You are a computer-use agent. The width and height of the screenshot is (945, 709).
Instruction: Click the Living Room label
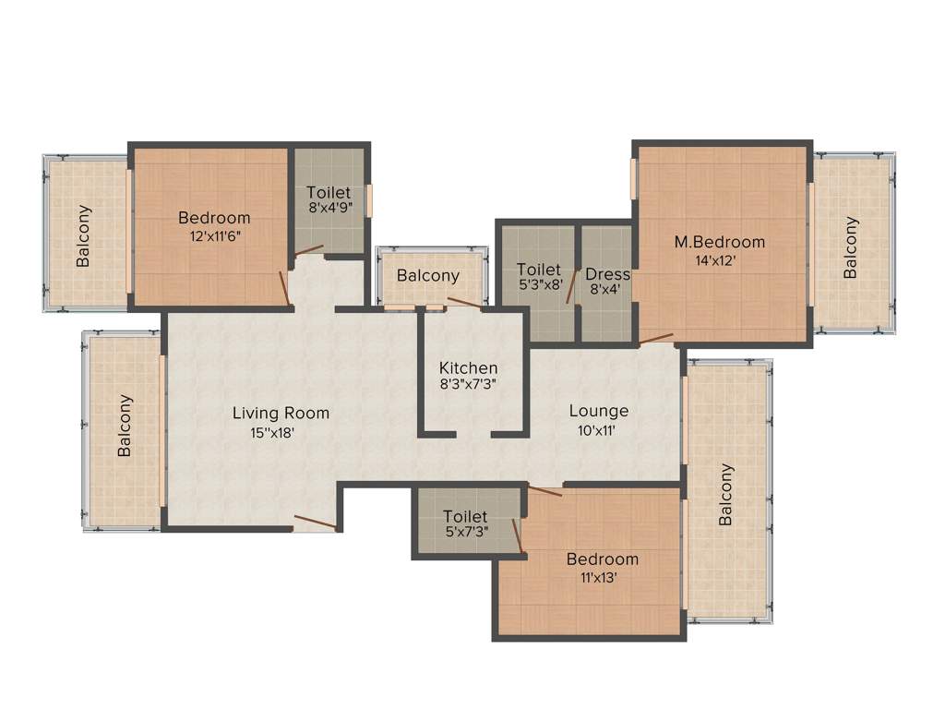[281, 413]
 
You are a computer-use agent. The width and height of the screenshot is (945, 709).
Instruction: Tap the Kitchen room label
[468, 367]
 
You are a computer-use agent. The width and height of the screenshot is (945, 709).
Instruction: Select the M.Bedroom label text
[719, 242]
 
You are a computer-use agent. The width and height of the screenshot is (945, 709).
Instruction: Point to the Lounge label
[598, 411]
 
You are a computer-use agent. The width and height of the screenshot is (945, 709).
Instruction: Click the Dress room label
[607, 274]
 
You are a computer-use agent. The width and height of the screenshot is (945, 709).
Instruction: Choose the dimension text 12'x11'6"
[214, 235]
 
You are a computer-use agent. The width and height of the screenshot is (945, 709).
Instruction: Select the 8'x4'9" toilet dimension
[330, 209]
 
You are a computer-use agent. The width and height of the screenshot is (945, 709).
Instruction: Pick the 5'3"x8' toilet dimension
[538, 286]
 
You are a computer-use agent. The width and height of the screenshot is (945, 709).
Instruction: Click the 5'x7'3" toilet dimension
[465, 533]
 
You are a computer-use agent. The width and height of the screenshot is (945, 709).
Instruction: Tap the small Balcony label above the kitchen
[427, 276]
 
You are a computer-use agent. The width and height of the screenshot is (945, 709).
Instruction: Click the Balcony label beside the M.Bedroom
[851, 246]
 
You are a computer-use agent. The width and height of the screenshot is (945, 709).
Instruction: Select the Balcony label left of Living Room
[126, 426]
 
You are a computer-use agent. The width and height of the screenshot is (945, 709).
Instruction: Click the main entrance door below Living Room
[314, 524]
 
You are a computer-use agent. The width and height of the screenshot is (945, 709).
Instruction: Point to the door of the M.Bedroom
[656, 338]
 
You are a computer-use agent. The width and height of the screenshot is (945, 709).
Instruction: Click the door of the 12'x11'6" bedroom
[285, 287]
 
